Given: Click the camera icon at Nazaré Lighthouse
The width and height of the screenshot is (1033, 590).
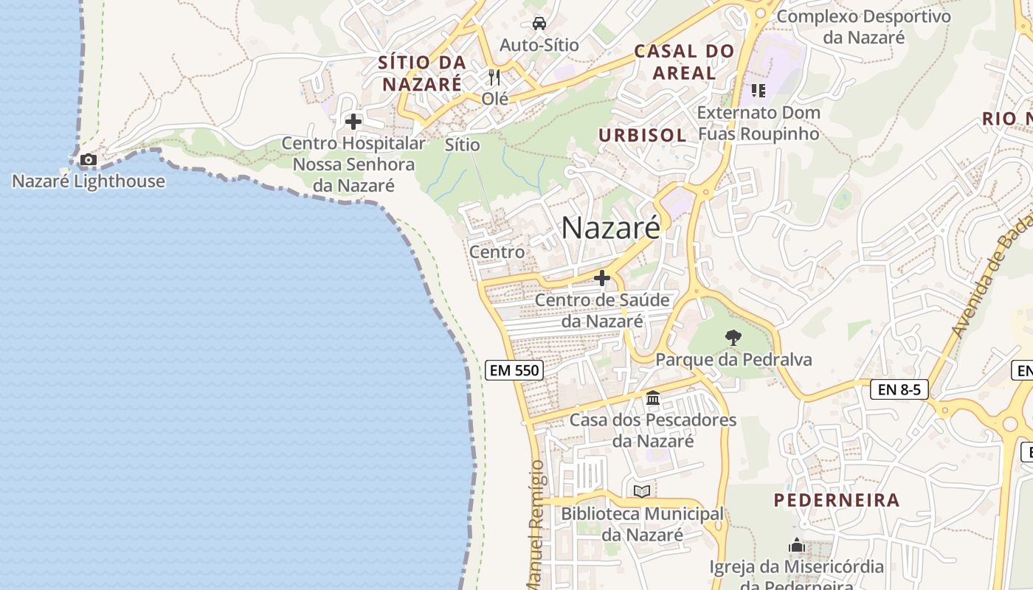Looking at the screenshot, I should pos(88,159).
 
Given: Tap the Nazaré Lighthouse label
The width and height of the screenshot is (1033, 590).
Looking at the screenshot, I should pos(89,181).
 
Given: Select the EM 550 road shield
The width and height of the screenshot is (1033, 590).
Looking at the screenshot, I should pos(514,370).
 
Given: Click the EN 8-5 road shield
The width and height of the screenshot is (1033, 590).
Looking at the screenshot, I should pos(899,389).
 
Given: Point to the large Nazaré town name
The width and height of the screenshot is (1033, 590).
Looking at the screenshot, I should pos(611,228).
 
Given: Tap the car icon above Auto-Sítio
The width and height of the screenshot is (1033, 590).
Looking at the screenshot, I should pos(539,23).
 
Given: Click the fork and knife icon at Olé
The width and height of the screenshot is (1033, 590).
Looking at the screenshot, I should pos(494,77).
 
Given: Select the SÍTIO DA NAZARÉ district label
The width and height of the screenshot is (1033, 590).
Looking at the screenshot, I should pos(422,72).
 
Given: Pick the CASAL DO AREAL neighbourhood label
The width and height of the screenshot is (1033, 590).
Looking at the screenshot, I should pos(685,61).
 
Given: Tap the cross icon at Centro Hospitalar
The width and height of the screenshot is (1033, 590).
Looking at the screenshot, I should pos(353,121).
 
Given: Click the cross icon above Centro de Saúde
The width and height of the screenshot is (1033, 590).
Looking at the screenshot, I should pos(602,278).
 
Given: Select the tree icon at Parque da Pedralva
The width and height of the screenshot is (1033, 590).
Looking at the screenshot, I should pos(733,338).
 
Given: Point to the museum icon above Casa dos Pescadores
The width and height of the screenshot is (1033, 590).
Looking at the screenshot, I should pos(653,398).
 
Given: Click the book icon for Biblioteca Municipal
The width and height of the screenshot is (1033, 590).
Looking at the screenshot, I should pos(642,491).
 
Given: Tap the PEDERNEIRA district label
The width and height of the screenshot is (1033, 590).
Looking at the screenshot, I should pos(837,500).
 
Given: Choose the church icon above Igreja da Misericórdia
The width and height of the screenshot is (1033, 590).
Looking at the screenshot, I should pos(796,546).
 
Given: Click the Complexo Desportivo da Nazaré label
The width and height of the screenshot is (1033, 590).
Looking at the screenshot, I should pos(864,26).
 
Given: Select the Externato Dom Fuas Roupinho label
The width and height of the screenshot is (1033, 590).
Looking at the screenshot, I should pos(759,123).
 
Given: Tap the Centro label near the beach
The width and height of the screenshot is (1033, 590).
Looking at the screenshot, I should pos(497,252).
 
